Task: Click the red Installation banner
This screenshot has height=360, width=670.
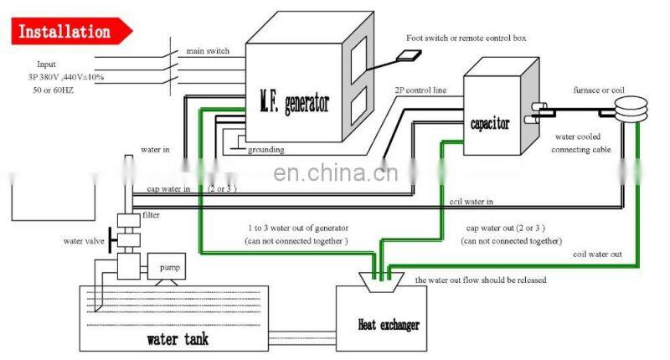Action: pos(65,33)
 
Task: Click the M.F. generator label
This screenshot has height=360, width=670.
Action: pos(293,105)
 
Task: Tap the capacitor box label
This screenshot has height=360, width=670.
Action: pos(488,124)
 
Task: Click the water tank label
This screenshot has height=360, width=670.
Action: pos(178,339)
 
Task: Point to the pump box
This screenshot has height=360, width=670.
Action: pos(164,269)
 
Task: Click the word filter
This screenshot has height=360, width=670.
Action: pos(151,215)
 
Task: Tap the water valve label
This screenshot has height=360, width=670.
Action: pos(85,241)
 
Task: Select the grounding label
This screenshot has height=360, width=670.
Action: pos(265,150)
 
